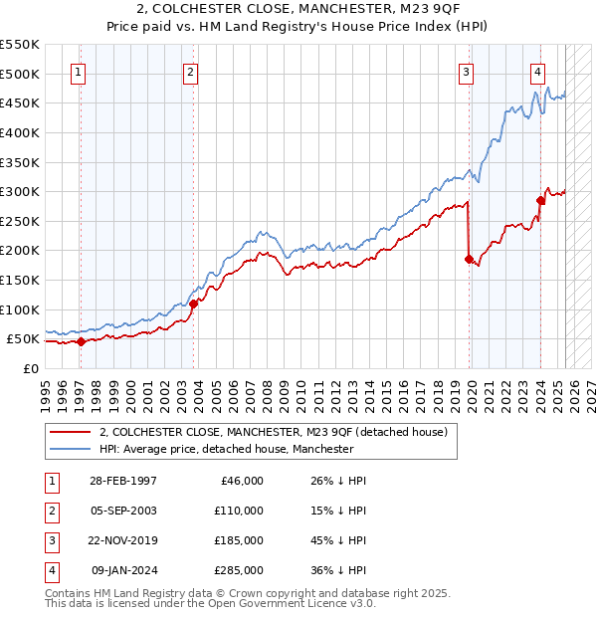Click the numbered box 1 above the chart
(78, 71)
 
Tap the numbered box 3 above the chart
(466, 71)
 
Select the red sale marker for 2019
(468, 259)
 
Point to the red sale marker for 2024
(540, 200)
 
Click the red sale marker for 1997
(81, 341)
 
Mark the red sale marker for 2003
(194, 304)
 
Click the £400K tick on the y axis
(21, 132)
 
